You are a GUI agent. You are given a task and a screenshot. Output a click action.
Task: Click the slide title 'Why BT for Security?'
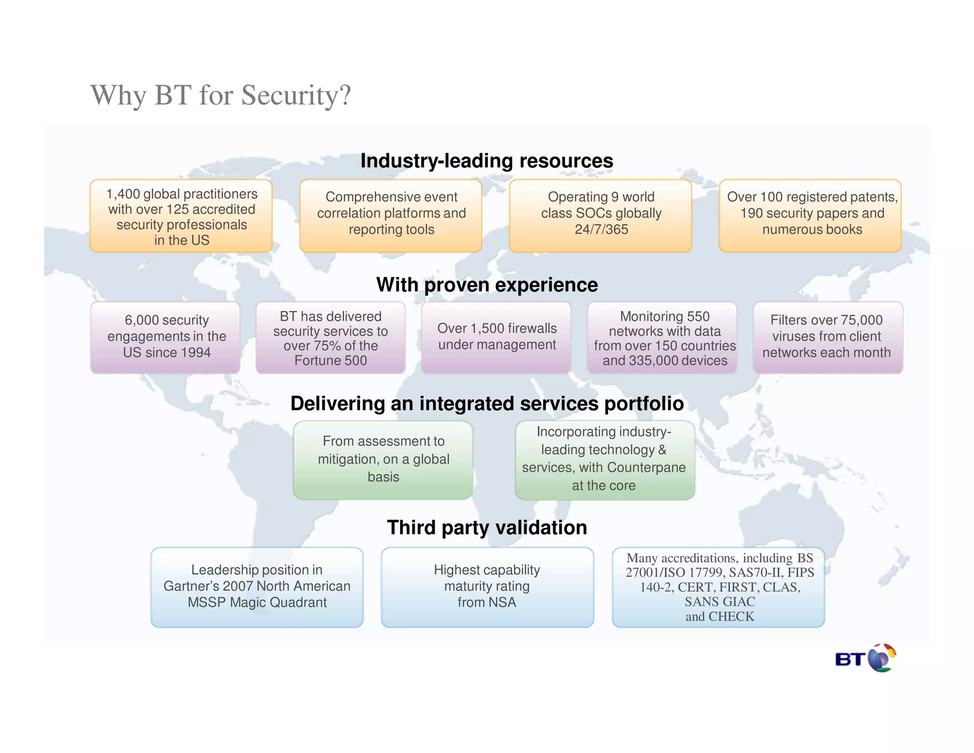(x=220, y=95)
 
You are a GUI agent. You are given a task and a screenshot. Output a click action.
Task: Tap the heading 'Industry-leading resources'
(x=487, y=161)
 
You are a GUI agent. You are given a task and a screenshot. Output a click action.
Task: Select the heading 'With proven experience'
(x=487, y=285)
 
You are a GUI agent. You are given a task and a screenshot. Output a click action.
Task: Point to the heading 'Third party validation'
(x=487, y=527)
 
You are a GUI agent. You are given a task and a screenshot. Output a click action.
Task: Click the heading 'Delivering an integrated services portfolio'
(x=487, y=404)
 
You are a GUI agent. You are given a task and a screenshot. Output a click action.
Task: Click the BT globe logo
(x=866, y=659)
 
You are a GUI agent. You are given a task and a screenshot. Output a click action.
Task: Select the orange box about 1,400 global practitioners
(x=181, y=216)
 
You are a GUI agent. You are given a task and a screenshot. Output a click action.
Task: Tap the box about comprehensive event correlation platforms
(x=391, y=216)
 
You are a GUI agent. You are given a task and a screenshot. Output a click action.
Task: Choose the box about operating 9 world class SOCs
(x=601, y=216)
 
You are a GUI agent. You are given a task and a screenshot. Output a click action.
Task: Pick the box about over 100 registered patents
(x=810, y=216)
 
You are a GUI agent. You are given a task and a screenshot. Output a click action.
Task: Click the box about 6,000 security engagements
(x=166, y=337)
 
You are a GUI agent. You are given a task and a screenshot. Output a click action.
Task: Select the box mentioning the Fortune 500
(x=331, y=337)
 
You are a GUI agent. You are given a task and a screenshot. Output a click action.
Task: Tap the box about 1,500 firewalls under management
(x=497, y=337)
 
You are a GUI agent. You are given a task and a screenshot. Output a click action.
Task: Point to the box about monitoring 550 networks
(x=662, y=337)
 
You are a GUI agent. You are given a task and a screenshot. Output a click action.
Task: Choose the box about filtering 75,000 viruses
(x=828, y=337)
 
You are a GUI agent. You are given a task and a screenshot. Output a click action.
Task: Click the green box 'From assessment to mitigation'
(x=383, y=460)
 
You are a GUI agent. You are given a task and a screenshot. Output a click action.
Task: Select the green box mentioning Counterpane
(x=604, y=460)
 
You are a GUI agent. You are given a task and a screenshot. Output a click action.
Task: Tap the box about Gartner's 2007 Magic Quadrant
(x=257, y=587)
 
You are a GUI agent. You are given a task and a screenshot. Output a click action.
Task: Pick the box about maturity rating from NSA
(x=487, y=587)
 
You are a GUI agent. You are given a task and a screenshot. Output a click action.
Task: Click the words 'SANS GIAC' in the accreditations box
(x=720, y=602)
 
